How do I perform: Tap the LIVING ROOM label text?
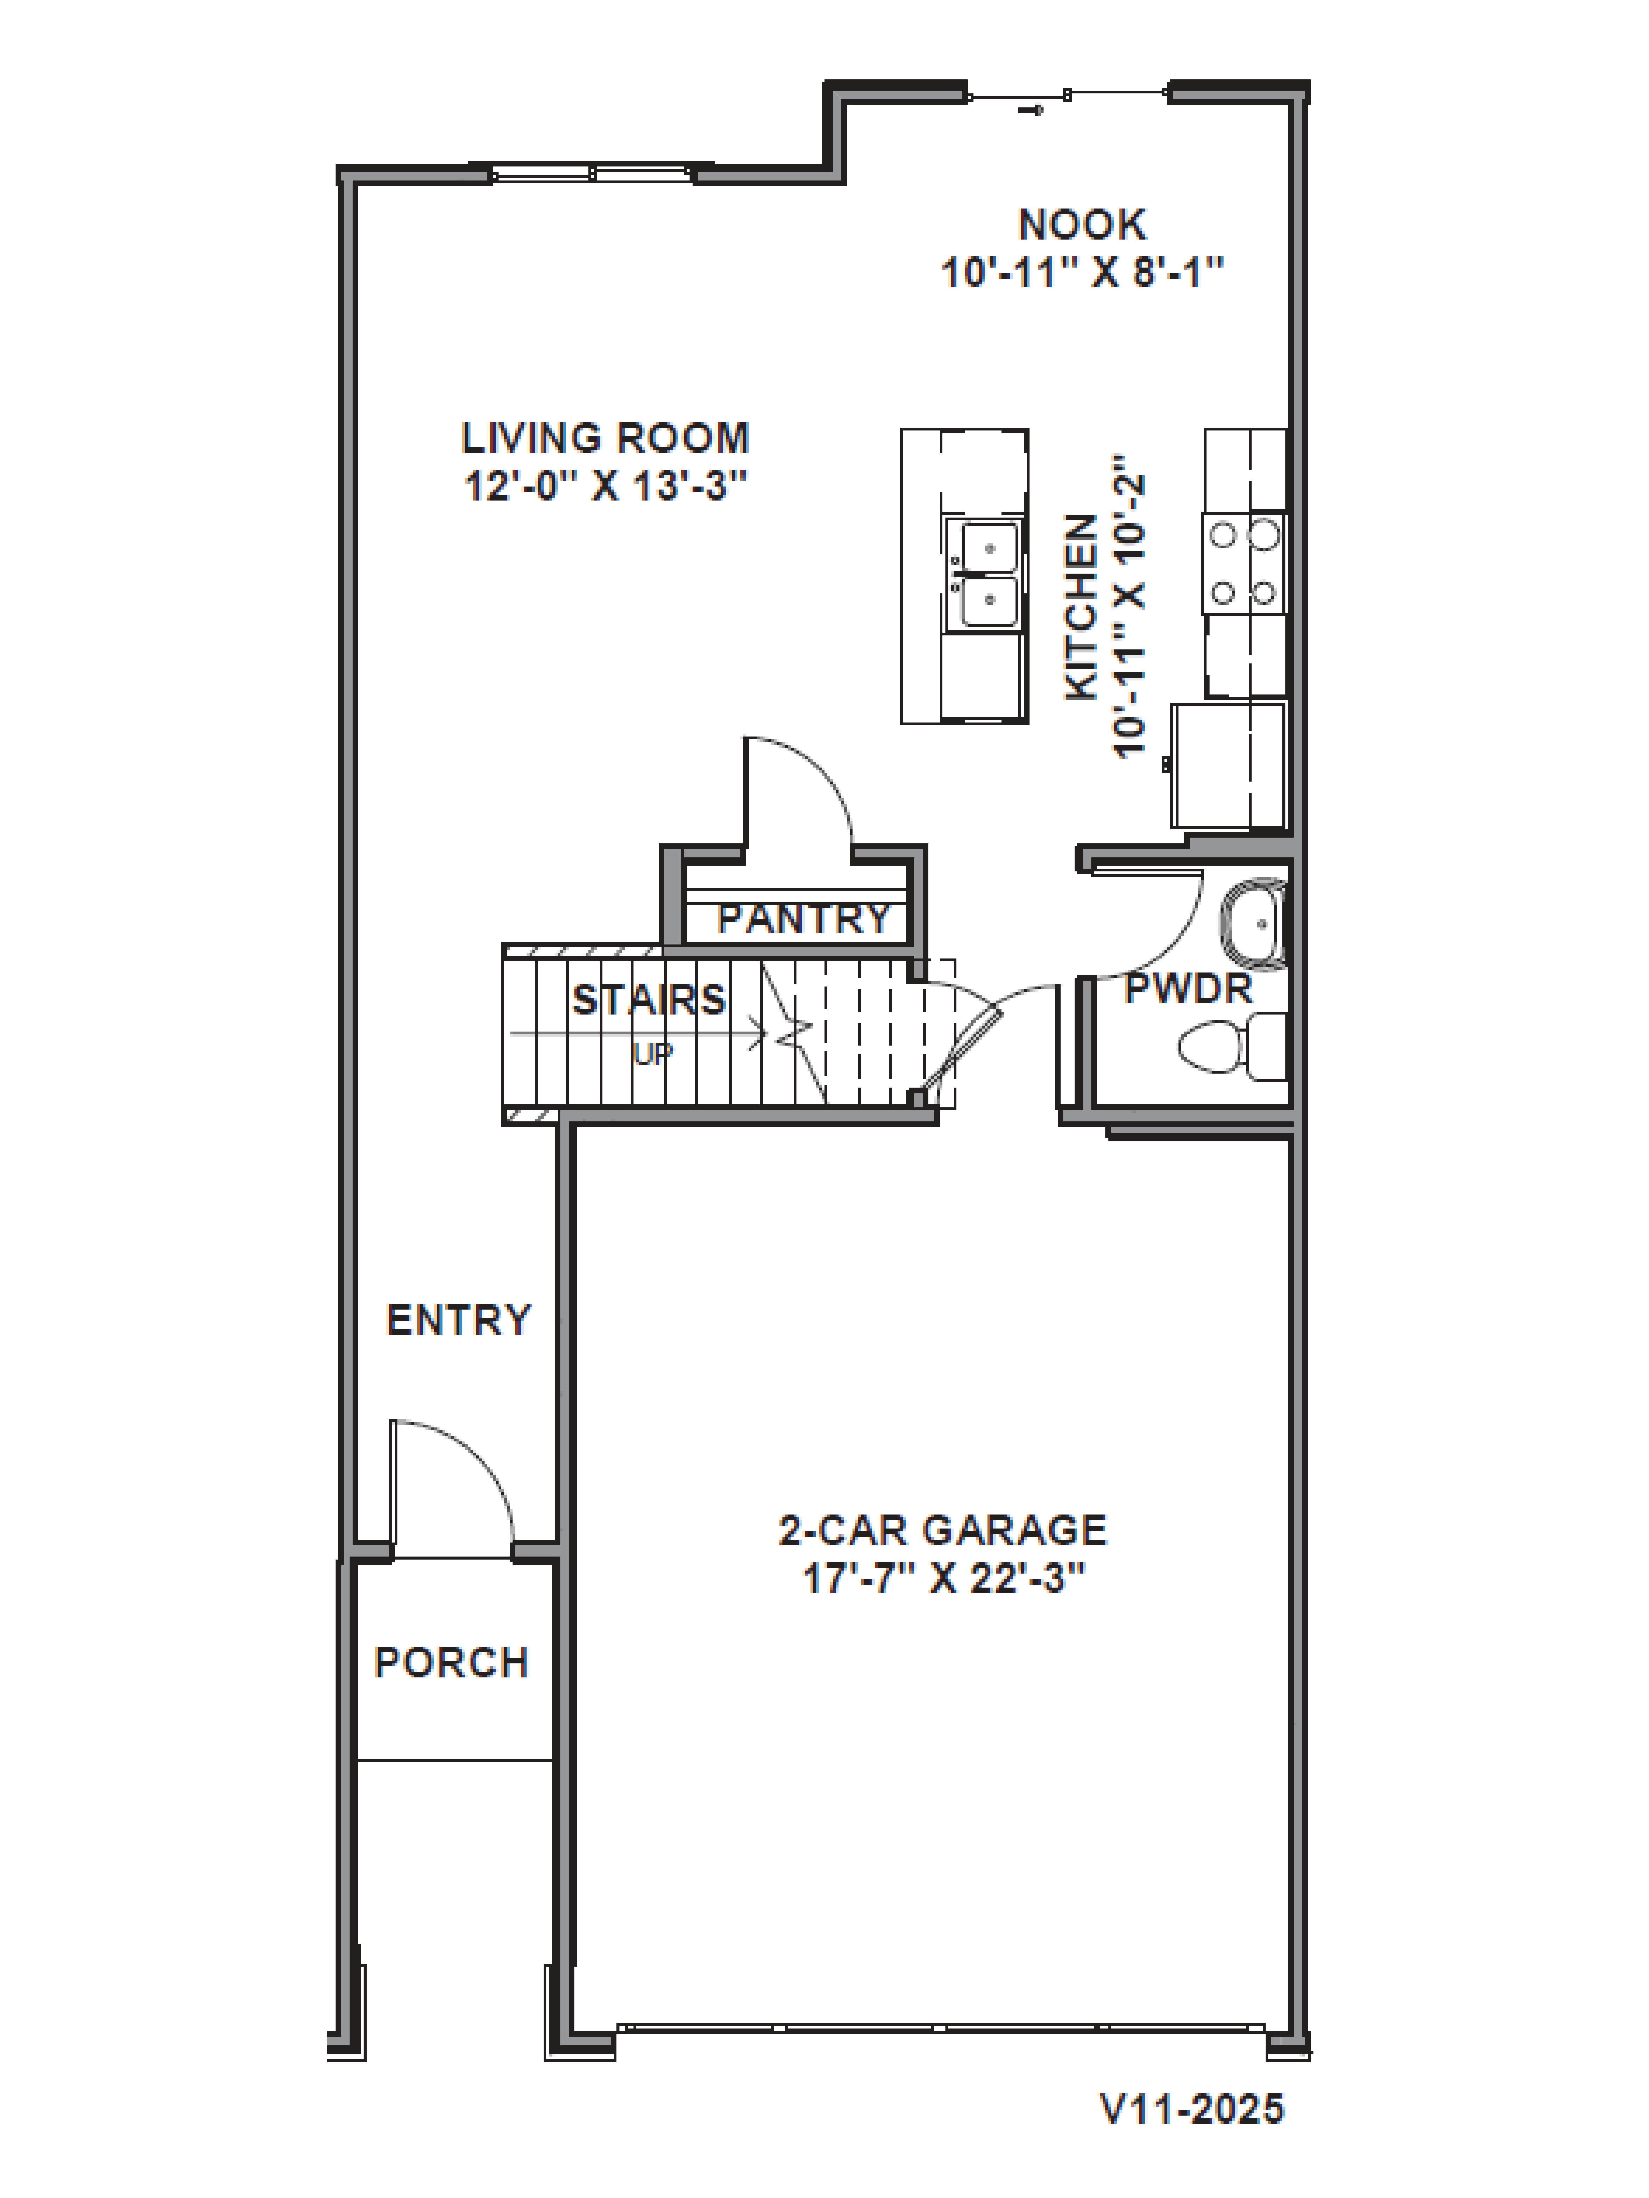click(604, 438)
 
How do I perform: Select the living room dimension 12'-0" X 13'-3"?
click(604, 487)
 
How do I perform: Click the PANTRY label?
click(803, 919)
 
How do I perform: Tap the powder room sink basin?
click(1254, 924)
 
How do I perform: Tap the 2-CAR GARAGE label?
click(942, 1530)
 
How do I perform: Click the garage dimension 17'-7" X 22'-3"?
click(942, 1578)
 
